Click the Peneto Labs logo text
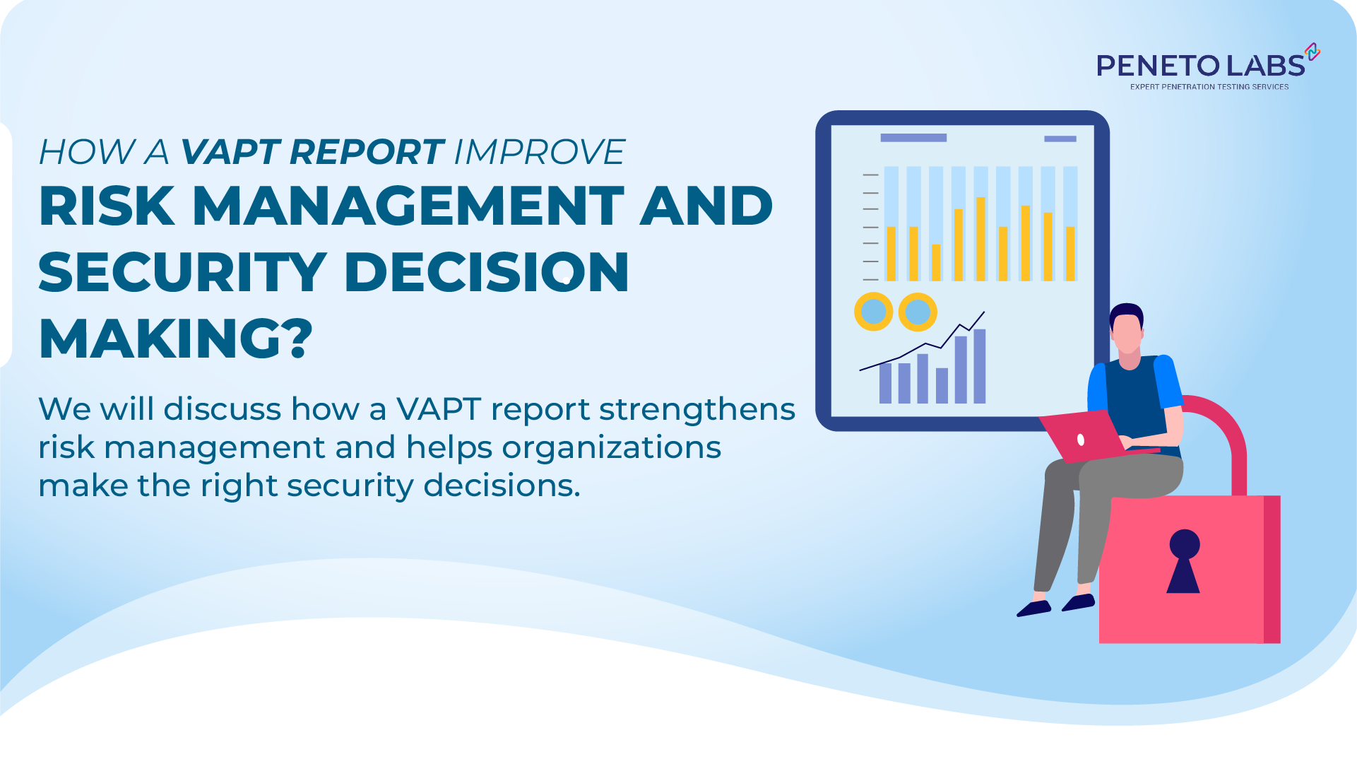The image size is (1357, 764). pos(1200,66)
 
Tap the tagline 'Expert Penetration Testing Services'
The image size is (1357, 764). pos(1209,87)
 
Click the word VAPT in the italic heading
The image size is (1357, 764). pos(230,152)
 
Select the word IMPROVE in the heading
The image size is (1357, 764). pos(539,152)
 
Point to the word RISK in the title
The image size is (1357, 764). pos(107,206)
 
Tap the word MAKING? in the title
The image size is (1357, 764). pos(175,339)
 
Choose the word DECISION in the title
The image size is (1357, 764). pos(487,273)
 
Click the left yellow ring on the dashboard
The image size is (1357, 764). pos(874,312)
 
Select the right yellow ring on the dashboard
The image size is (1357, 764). pos(918,312)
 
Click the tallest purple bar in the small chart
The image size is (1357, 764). pos(979,366)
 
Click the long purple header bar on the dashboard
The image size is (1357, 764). pos(913,138)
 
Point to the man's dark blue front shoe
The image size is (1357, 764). pos(1033,608)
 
